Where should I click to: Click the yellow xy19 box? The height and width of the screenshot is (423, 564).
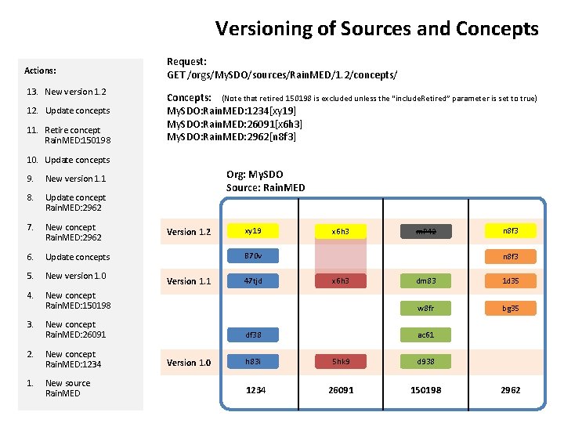pyautogui.click(x=253, y=231)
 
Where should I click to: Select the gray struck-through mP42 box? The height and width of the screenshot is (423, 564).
pyautogui.click(x=426, y=231)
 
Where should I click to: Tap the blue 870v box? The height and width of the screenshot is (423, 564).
pyautogui.click(x=253, y=255)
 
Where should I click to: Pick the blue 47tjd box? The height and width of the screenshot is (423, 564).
pyautogui.click(x=253, y=280)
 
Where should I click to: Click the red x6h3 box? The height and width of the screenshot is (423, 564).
pyautogui.click(x=340, y=280)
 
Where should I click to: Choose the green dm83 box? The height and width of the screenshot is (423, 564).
pyautogui.click(x=426, y=280)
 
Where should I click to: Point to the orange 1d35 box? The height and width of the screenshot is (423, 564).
pyautogui.click(x=510, y=280)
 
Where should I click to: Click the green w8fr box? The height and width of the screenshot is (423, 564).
pyautogui.click(x=426, y=308)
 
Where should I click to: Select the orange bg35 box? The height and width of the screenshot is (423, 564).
pyautogui.click(x=510, y=308)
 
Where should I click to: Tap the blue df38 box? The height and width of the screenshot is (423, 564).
pyautogui.click(x=253, y=334)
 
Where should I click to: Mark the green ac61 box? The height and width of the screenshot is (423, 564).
pyautogui.click(x=426, y=334)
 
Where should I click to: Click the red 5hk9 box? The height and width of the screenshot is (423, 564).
pyautogui.click(x=340, y=362)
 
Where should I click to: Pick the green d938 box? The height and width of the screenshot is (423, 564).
pyautogui.click(x=426, y=362)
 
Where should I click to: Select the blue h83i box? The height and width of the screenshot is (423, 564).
pyautogui.click(x=253, y=362)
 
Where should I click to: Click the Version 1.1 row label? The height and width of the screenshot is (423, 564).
pyautogui.click(x=189, y=281)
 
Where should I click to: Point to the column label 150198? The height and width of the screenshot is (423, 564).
pyautogui.click(x=426, y=389)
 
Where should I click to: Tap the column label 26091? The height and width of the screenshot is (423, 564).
pyautogui.click(x=340, y=389)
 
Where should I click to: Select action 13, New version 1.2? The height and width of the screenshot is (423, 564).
pyautogui.click(x=75, y=92)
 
